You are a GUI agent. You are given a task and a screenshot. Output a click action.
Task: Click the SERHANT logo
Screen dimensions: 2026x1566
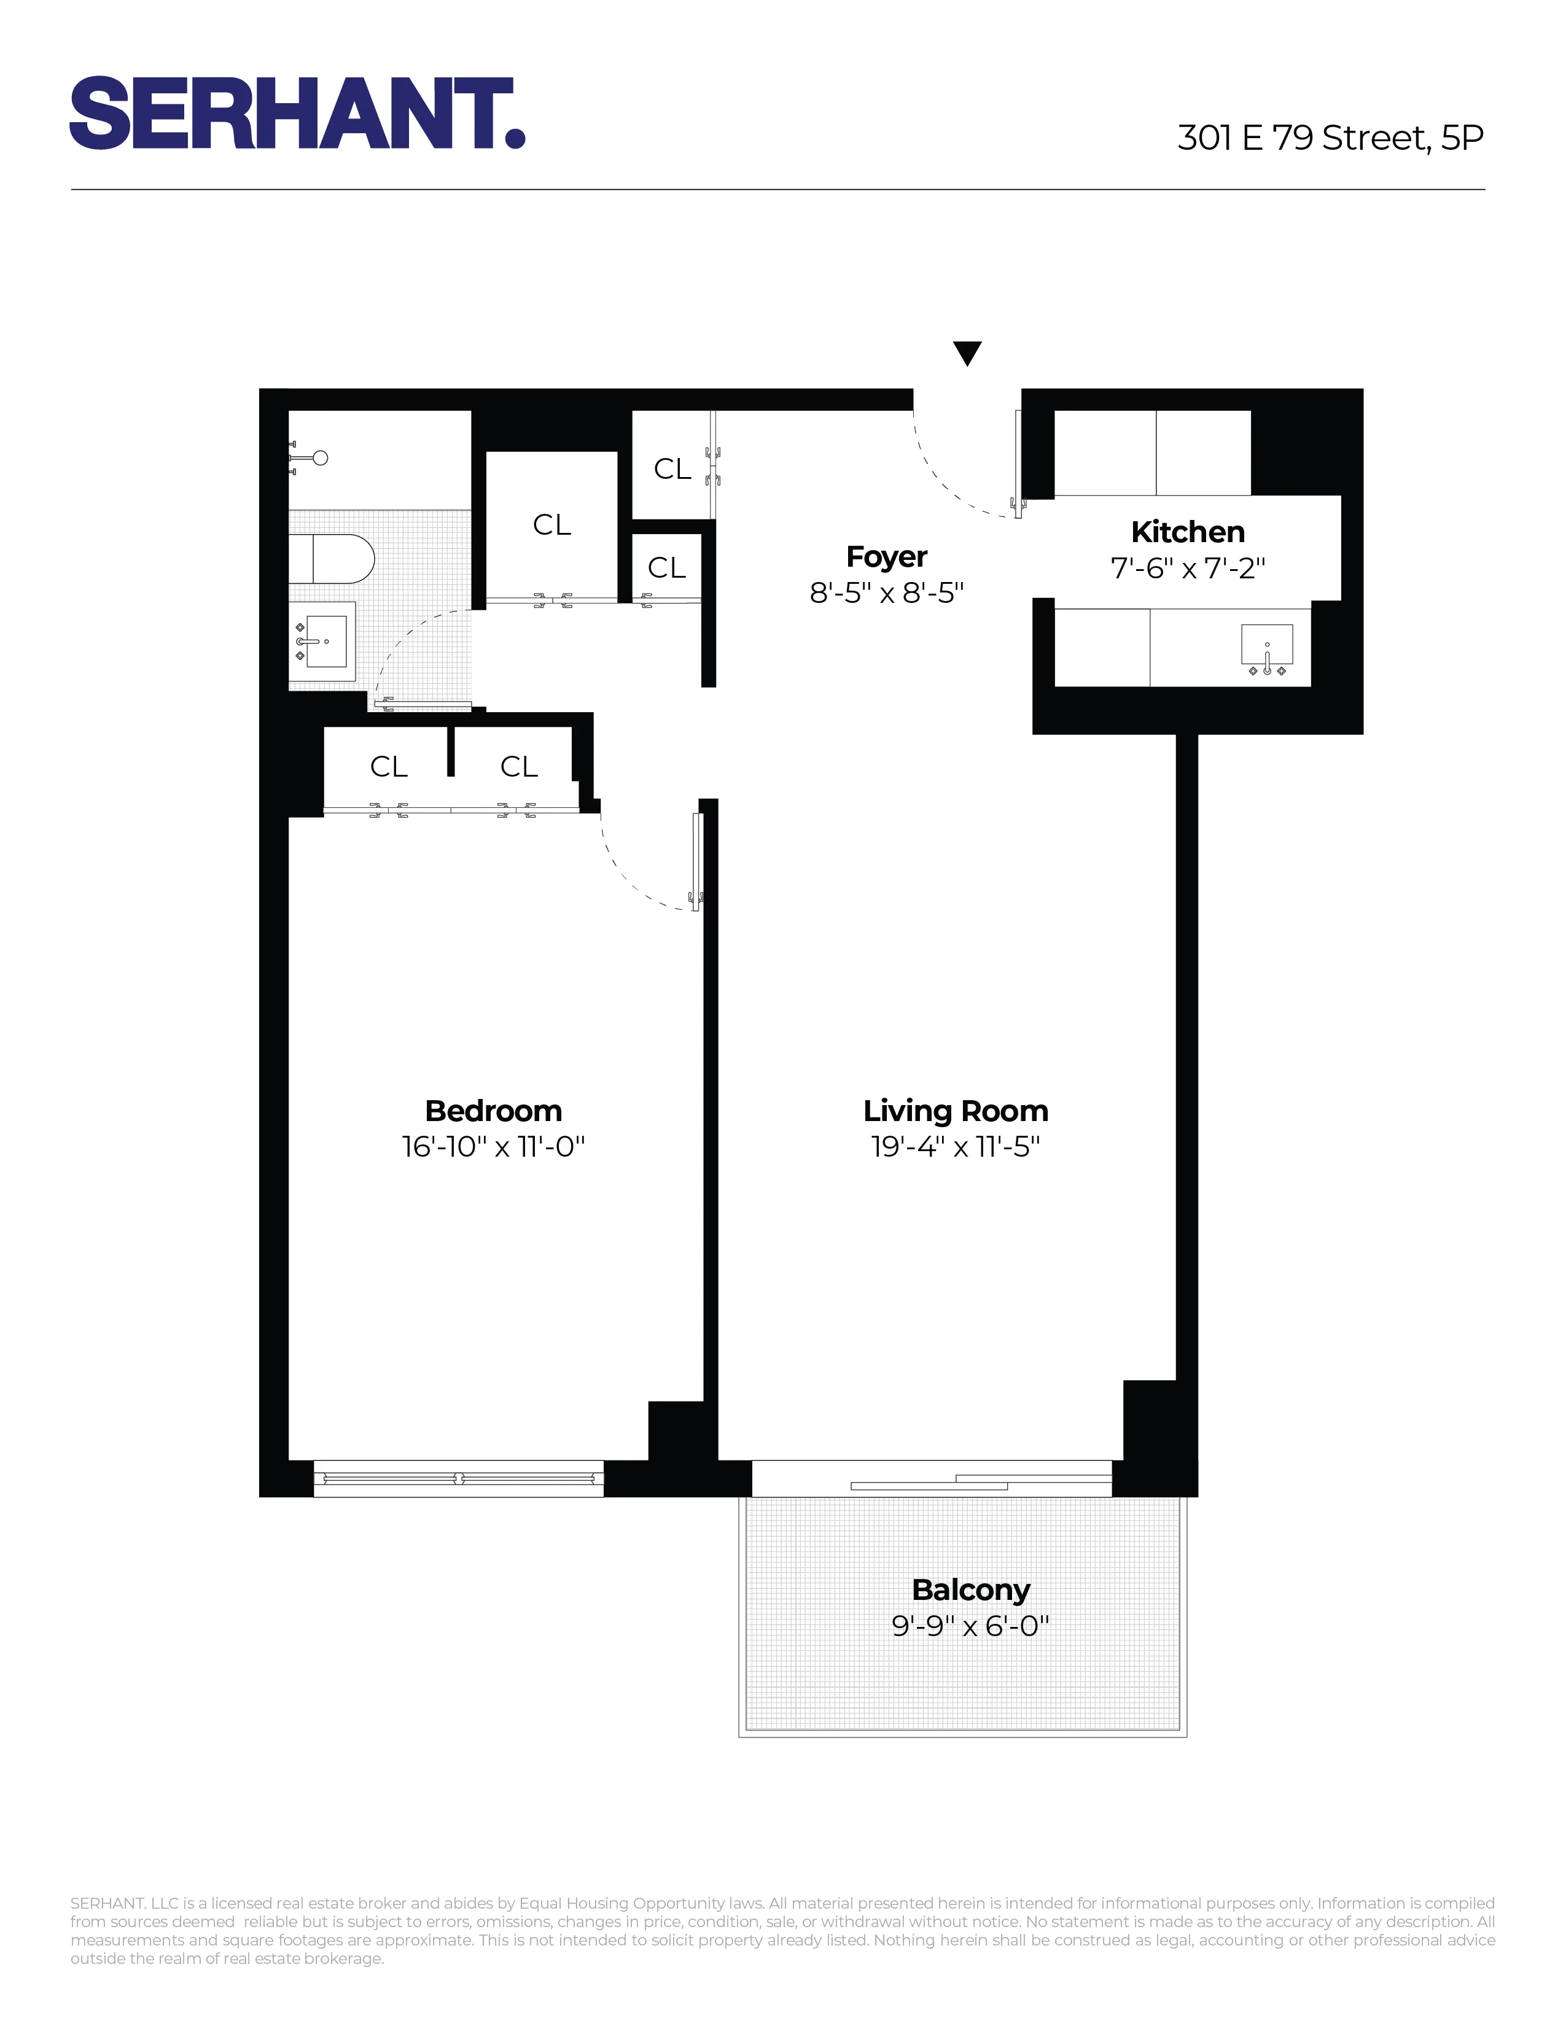[x=297, y=113]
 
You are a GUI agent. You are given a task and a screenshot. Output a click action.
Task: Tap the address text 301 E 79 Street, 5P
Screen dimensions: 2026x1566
[x=1330, y=138]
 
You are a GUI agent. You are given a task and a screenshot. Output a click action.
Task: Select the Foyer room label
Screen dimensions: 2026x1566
[x=886, y=557]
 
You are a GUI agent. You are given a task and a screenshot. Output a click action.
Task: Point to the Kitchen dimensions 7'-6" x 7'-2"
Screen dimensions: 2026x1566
[x=1188, y=568]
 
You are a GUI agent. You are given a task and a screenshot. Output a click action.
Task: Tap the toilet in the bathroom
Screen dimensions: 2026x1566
[x=334, y=559]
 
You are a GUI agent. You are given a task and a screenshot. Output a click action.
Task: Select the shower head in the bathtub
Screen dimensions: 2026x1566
[x=319, y=457]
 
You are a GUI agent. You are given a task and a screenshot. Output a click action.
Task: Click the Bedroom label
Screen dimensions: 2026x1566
[x=493, y=1111]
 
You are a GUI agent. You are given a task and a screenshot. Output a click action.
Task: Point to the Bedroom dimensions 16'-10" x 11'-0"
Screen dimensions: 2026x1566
[x=493, y=1147]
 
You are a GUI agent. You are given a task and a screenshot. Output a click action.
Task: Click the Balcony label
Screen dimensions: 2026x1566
[x=970, y=1589]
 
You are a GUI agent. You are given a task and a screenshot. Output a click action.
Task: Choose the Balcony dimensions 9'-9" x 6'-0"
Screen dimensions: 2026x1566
[x=970, y=1625]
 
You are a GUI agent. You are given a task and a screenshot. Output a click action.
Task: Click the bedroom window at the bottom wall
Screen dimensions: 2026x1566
[x=458, y=1478]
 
